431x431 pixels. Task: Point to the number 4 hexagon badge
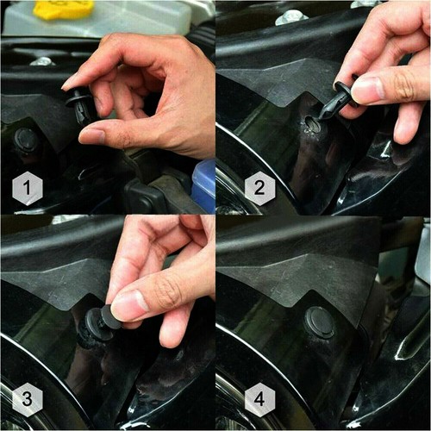click(259, 399)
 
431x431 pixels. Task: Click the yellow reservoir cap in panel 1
click(63, 9)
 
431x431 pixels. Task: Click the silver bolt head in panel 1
click(41, 61)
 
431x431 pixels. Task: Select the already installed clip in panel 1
click(25, 139)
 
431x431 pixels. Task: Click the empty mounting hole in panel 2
click(313, 125)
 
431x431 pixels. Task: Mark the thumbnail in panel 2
click(368, 89)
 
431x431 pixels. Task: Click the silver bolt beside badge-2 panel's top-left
click(291, 16)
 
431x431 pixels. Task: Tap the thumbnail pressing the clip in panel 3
click(129, 304)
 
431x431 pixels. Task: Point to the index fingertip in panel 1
click(69, 83)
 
